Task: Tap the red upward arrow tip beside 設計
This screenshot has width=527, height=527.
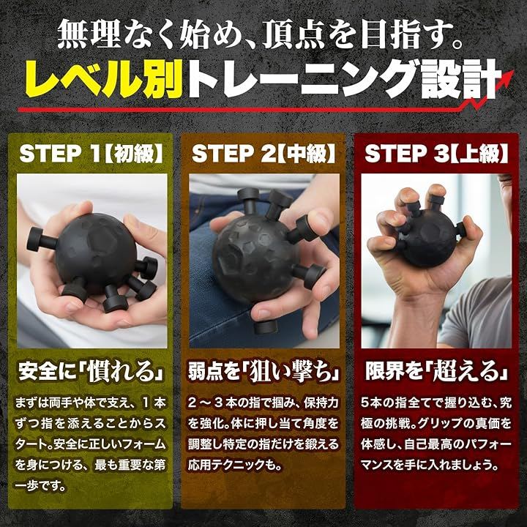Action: [512, 72]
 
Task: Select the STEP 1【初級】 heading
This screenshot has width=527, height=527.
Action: [91, 154]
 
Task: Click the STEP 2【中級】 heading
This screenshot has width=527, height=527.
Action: [263, 154]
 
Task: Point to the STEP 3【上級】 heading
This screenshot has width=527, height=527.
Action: [436, 154]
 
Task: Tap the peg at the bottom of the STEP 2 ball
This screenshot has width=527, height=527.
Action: [265, 326]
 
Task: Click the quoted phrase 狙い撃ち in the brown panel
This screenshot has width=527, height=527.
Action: [291, 372]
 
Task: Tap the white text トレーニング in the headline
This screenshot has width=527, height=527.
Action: [301, 79]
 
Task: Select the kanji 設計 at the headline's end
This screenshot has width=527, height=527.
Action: [459, 79]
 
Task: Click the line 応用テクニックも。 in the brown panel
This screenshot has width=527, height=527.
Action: [235, 466]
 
